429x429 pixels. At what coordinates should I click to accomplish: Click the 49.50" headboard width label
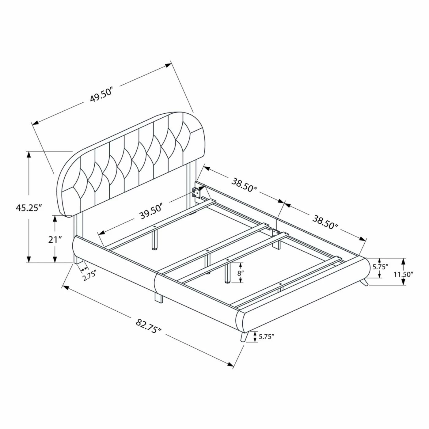(102, 95)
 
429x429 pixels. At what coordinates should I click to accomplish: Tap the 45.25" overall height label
(29, 208)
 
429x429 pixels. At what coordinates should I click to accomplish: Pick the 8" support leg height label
(240, 273)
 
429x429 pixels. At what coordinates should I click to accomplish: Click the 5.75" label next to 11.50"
(381, 267)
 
